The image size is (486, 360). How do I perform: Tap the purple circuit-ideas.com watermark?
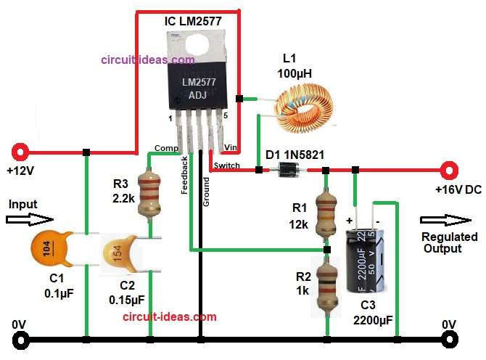click(x=147, y=60)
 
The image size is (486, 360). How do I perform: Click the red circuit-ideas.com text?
click(x=169, y=316)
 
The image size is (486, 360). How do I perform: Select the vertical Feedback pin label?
click(x=185, y=174)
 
